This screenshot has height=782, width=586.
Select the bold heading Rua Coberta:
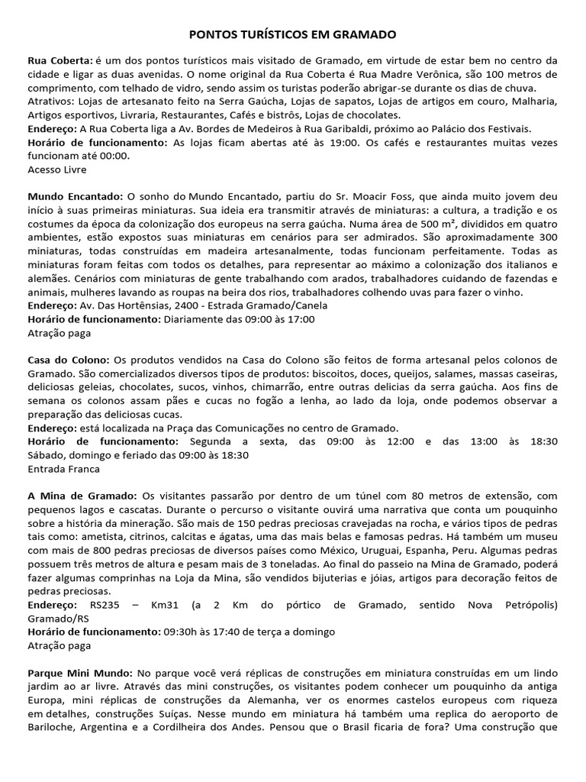(60, 60)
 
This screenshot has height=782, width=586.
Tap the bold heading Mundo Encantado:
(74, 196)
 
